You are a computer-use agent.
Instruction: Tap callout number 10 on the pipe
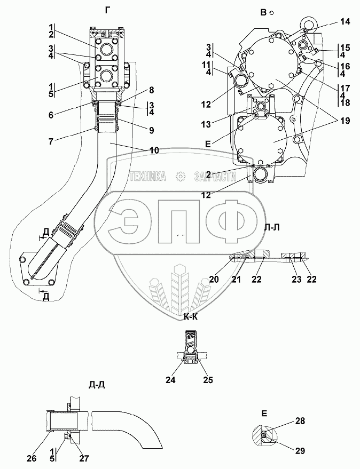(x=154, y=150)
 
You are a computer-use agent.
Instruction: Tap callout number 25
(x=208, y=380)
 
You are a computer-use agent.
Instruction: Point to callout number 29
(x=301, y=451)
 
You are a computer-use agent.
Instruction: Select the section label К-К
(x=192, y=317)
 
